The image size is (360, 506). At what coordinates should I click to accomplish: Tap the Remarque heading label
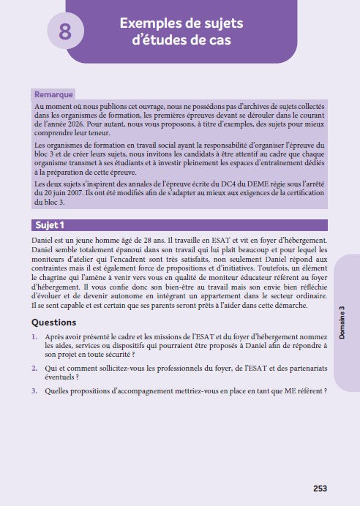pos(55,94)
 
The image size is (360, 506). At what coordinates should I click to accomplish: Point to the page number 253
pos(320,488)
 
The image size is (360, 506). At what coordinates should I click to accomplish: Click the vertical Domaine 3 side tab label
pos(342,322)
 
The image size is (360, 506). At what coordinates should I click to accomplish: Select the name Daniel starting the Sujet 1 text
pos(45,239)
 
